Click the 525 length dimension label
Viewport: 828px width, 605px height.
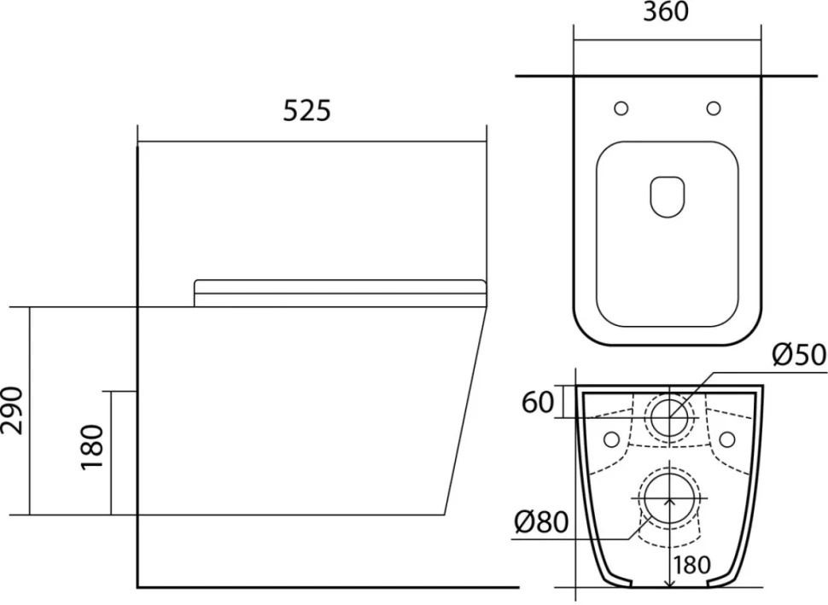306,110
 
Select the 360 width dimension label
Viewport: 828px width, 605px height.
666,11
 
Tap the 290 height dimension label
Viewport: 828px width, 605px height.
13,410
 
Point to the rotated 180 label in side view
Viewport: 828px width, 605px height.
91,446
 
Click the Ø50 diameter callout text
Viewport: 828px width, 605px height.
799,354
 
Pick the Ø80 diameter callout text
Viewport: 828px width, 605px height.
541,522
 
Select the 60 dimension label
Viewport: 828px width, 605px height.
538,402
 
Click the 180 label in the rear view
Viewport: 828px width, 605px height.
692,566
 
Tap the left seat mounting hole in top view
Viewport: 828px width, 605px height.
621,108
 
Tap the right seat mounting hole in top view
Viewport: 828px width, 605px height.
714,108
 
